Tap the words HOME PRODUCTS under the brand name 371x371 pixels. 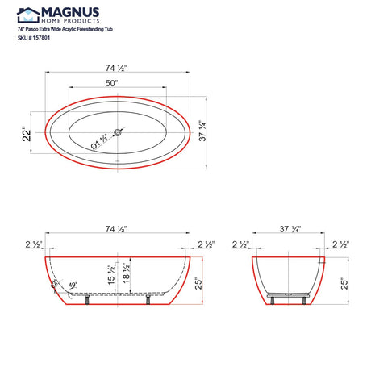click(70, 21)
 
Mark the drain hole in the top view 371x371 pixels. click(119, 132)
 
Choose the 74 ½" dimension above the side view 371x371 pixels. click(119, 230)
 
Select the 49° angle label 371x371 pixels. click(71, 286)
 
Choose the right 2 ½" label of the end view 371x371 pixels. click(339, 244)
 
